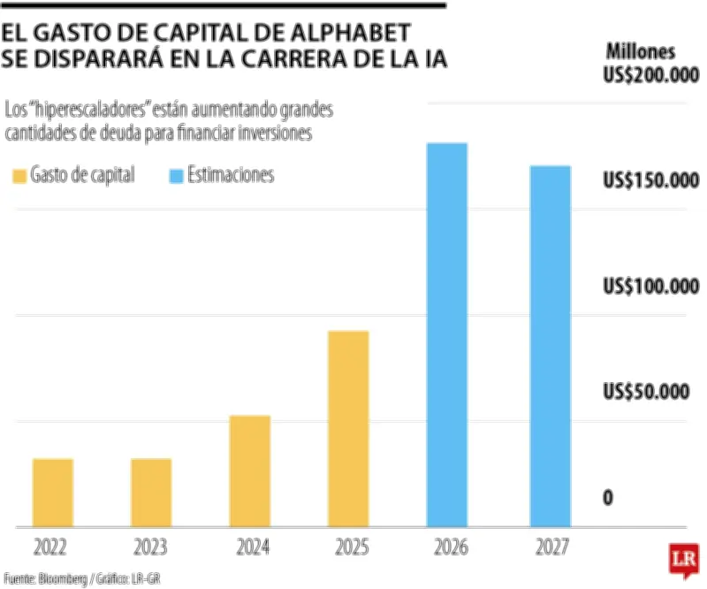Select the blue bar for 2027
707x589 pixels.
coord(551,346)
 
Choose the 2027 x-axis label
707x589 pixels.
coord(551,547)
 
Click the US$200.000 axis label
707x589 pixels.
coord(650,76)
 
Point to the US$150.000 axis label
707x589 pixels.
coord(650,181)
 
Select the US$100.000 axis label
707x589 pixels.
coord(650,287)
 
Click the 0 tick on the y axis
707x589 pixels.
coord(608,498)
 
